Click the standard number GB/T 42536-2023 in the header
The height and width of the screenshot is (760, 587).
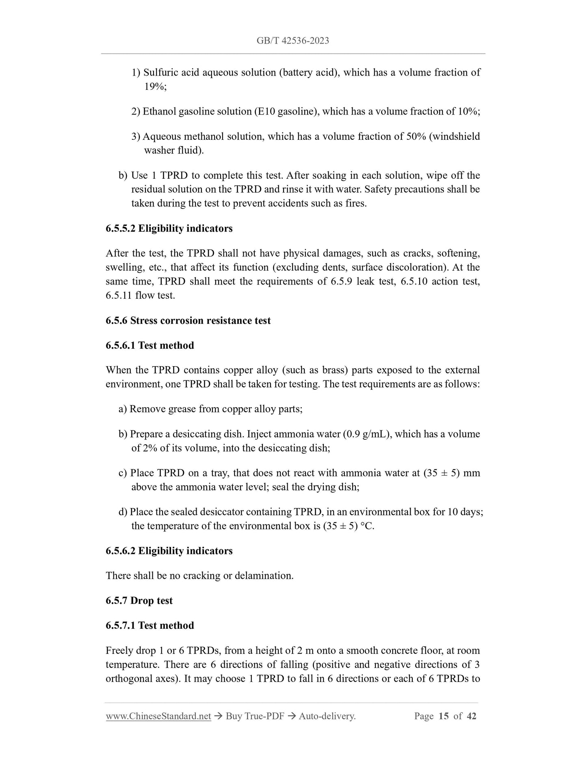292,41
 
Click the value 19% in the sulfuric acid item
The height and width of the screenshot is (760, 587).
154,87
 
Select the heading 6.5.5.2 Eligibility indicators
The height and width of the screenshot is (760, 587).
169,228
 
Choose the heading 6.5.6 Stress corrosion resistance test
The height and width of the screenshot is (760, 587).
188,320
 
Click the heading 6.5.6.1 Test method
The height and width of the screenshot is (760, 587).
150,345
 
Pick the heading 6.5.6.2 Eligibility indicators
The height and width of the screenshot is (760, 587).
169,551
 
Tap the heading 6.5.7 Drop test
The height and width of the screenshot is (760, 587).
139,600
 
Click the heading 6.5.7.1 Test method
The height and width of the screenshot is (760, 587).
150,625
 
